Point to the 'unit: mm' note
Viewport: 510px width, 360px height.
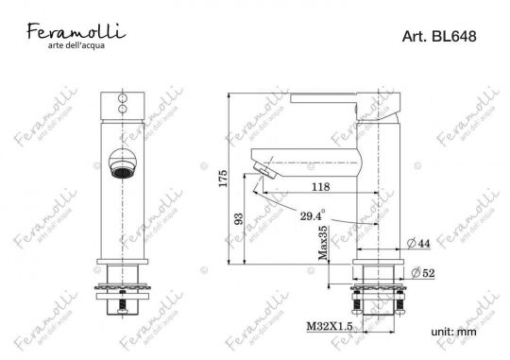point(453,333)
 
